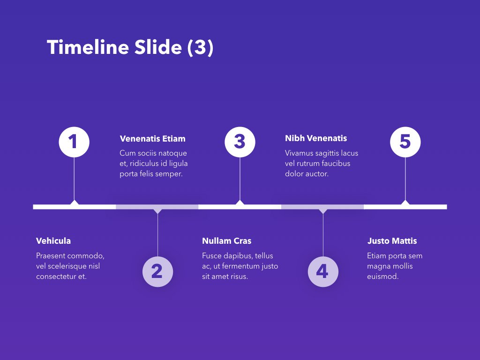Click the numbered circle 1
point(74,142)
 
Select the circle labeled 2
point(157,271)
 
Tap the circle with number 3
point(240,142)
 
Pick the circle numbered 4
point(323,271)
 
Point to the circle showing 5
point(405,142)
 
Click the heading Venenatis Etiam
point(152,139)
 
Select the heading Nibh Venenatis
point(316,138)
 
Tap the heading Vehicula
point(53,241)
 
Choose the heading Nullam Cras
point(226,241)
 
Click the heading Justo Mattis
point(392,241)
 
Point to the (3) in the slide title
point(200,48)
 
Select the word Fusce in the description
point(212,256)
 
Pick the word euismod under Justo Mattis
point(382,277)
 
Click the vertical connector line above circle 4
point(323,234)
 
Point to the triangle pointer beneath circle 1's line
point(74,202)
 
